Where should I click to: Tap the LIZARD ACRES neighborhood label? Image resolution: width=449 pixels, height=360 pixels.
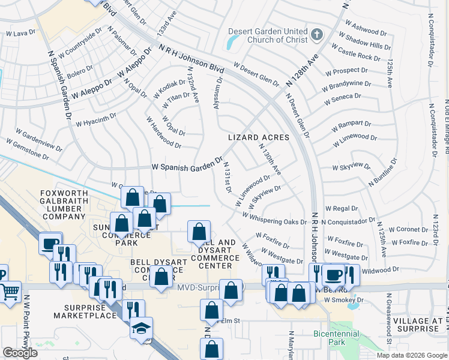(259, 137)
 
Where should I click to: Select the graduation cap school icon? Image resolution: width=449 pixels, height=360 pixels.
(142, 328)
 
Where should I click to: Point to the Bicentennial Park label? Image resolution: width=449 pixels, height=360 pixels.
(336, 337)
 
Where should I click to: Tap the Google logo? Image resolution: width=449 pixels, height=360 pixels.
(20, 353)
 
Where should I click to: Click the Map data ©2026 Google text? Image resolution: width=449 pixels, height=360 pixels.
(411, 355)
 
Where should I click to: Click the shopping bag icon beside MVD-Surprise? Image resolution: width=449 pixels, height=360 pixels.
(231, 290)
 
